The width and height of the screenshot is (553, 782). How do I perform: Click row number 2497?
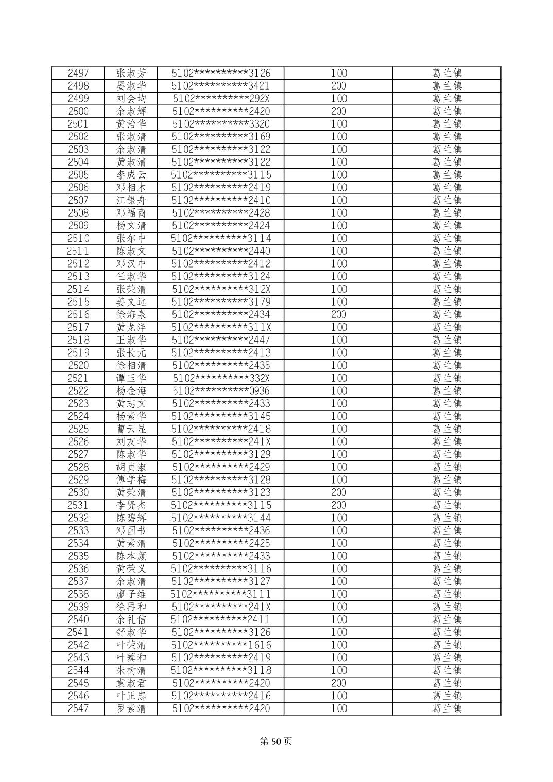tap(78, 73)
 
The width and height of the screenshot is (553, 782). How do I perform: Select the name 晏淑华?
tap(131, 86)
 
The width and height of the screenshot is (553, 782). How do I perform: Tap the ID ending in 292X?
tap(221, 99)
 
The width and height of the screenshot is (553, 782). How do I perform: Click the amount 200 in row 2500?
tap(338, 111)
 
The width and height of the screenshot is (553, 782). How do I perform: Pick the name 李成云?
tap(131, 175)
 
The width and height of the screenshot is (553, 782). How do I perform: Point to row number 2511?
tap(78, 251)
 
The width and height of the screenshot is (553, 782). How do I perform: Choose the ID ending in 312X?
tap(221, 289)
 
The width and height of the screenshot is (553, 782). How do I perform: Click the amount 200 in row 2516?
tap(338, 314)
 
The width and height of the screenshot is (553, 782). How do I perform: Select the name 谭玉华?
tap(131, 378)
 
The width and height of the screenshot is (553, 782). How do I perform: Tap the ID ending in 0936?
tap(221, 390)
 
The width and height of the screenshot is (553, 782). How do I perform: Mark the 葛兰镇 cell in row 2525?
tap(446, 429)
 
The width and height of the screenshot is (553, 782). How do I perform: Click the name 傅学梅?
tap(131, 479)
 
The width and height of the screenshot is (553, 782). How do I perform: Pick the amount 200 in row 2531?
tap(338, 505)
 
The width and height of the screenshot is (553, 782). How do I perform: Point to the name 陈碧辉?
tap(131, 518)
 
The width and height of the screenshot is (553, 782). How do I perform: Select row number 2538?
tap(78, 594)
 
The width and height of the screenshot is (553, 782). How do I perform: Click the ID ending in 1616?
tap(221, 645)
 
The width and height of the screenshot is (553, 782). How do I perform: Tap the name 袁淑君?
tap(131, 683)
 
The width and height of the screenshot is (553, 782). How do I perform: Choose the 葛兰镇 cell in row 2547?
tap(446, 708)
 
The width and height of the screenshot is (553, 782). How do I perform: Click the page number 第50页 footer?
tap(276, 741)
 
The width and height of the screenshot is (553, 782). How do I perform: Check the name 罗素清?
tap(131, 708)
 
